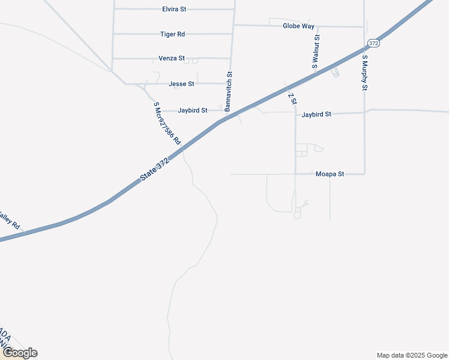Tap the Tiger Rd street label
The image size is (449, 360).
(172, 34)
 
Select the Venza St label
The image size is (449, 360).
(171, 59)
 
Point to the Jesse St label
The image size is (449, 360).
(181, 84)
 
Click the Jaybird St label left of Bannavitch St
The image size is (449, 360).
(193, 110)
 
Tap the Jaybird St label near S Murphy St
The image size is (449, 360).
(316, 114)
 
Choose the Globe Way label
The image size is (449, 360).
(298, 26)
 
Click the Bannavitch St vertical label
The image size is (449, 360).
(229, 91)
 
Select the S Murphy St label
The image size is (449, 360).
(364, 72)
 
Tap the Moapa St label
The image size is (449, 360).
(330, 174)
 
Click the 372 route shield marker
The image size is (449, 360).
(373, 43)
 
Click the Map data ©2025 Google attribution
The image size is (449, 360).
(412, 355)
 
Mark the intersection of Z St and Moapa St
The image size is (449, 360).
(295, 174)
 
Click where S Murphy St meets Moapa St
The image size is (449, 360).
(364, 174)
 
